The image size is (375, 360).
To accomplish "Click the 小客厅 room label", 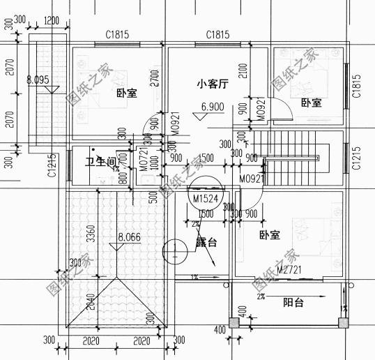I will [x=213, y=85].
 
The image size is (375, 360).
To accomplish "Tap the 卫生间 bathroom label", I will [x=99, y=162].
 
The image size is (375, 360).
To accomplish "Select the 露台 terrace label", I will [x=206, y=243].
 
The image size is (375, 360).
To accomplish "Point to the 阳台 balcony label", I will [x=293, y=303].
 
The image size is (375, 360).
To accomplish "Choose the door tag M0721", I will [x=143, y=159].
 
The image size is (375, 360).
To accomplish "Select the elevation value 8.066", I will [x=130, y=237].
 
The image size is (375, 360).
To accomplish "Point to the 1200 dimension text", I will [x=51, y=20].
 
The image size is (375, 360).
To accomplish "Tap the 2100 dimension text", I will [x=240, y=72].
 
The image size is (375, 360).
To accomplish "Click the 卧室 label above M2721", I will [x=269, y=236].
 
